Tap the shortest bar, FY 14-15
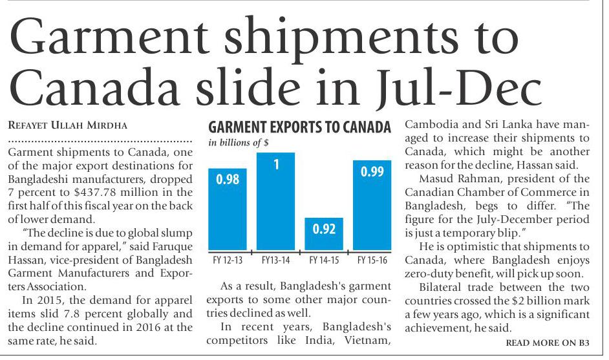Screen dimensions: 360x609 point(324,233)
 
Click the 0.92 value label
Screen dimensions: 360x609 point(324,229)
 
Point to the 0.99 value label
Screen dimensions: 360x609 point(372,171)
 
